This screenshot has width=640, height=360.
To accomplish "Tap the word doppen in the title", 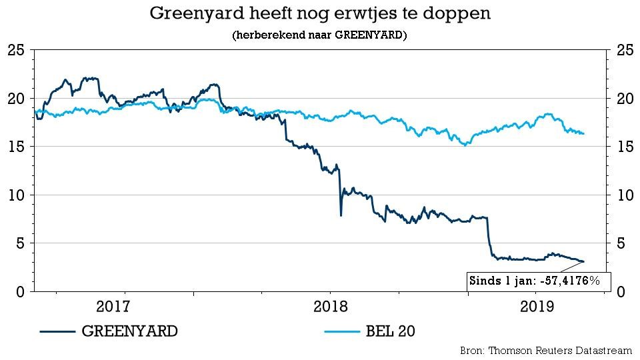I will (461, 13).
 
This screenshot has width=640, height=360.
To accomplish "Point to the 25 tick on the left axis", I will (18, 50).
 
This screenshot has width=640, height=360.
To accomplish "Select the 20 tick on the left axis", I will (18, 98).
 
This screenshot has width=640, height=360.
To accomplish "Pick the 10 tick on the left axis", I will (18, 195).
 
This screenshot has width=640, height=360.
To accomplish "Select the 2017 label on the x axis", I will (113, 308).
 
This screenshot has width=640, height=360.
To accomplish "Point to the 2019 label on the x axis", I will (539, 308).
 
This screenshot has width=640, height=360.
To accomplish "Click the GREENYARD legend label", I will (129, 331).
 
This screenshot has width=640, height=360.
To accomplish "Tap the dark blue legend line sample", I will (56, 331).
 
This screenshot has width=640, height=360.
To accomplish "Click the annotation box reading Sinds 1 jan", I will (534, 281).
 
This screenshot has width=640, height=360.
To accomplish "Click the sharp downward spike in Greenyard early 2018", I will (341, 215).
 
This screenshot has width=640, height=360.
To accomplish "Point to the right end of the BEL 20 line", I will (584, 133).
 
